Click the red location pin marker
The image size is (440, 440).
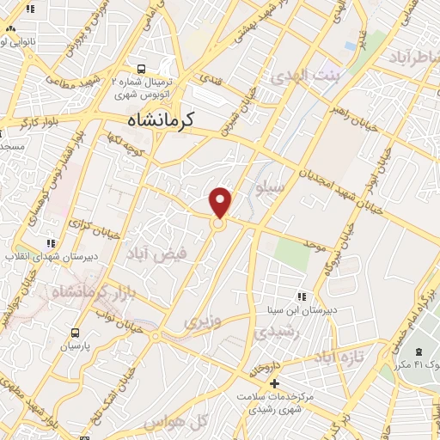pyautogui.click(x=221, y=203)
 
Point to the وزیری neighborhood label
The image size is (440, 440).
pyautogui.click(x=203, y=323)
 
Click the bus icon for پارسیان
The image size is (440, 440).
pyautogui.click(x=75, y=333)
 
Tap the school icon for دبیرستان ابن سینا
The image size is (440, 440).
pyautogui.click(x=301, y=296)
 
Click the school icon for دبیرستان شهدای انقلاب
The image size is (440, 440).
pyautogui.click(x=51, y=243)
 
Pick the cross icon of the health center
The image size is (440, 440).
pyautogui.click(x=275, y=383)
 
